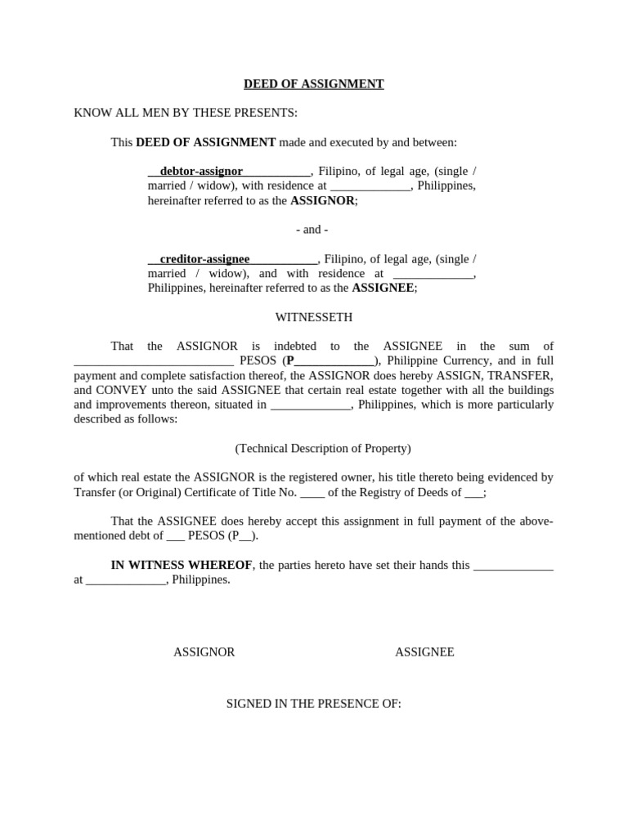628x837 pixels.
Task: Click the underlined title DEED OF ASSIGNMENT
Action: pos(314,83)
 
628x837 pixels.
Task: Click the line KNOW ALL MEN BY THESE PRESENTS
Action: pos(186,113)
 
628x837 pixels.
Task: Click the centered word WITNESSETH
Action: pos(314,317)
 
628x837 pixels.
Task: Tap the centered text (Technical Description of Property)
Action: pos(323,448)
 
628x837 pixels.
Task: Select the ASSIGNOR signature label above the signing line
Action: pos(204,652)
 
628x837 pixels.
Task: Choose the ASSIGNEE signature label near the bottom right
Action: pos(424,652)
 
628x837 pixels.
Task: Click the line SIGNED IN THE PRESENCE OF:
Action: pos(314,703)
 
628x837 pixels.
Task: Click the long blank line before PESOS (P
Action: pos(154,360)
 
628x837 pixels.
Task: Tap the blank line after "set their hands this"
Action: pos(514,565)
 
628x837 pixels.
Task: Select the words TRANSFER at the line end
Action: pos(522,375)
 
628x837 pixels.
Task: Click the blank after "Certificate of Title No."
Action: pos(312,492)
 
